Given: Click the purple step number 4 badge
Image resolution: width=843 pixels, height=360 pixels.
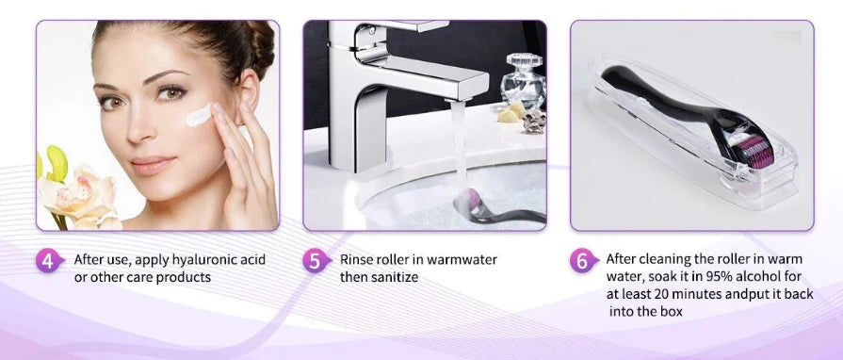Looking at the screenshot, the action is click(49, 260).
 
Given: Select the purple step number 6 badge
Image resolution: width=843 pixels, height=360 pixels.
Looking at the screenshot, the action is click(583, 260).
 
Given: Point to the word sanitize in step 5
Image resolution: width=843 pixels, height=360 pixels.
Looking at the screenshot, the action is click(395, 277).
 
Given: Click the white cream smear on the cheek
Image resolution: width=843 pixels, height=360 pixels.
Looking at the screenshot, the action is click(199, 115).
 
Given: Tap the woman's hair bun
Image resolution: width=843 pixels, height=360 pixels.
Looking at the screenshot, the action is click(260, 47).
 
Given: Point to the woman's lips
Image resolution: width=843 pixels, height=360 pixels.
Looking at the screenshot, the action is click(153, 165).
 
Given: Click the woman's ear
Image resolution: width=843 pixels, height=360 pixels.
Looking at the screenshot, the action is click(248, 91).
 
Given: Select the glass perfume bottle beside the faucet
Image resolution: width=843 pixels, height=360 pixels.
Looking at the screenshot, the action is click(523, 82).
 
